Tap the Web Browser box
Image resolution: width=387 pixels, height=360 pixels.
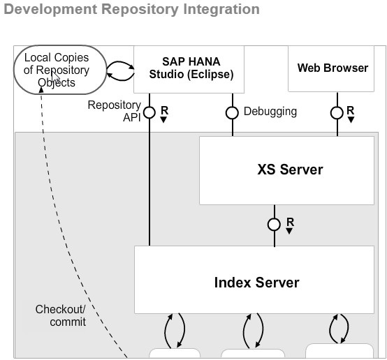coord(333,68)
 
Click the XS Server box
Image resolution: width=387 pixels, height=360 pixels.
coord(286,170)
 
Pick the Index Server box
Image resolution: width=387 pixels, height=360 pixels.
coord(256,282)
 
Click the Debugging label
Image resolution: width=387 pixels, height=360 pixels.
coord(270,111)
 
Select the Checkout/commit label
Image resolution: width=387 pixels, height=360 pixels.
coord(61,315)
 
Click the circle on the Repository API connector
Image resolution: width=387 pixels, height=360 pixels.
coord(149,112)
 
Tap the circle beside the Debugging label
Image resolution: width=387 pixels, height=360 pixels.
coord(233,112)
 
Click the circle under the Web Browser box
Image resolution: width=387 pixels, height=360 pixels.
coord(337,112)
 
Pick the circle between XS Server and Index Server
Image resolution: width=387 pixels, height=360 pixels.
coord(275,224)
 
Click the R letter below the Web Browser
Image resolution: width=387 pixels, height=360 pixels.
coord(350,110)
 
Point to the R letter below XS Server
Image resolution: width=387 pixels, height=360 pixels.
coord(290,223)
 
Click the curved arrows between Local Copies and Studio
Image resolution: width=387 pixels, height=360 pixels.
coord(119,68)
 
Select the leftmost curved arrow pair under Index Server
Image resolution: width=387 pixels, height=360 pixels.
coord(174,329)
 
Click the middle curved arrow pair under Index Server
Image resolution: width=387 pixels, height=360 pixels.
coord(253,329)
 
